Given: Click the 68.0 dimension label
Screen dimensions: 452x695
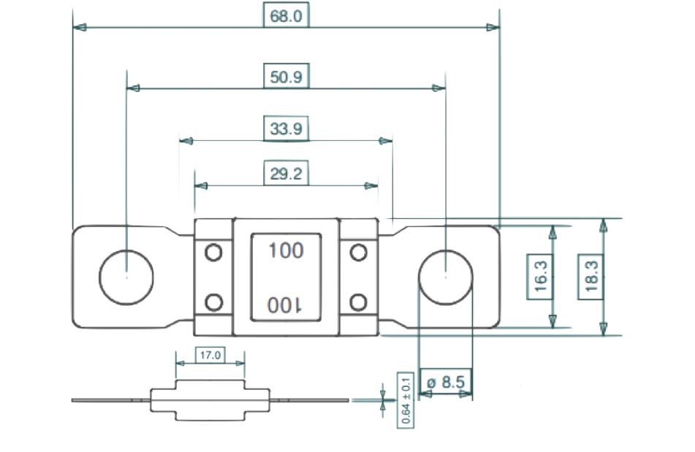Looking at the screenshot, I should pyautogui.click(x=286, y=16).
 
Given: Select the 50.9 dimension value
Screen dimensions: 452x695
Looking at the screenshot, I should pyautogui.click(x=286, y=76).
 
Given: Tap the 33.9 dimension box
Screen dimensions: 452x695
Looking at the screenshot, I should pyautogui.click(x=286, y=129).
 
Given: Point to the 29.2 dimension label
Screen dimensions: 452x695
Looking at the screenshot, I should pyautogui.click(x=286, y=174).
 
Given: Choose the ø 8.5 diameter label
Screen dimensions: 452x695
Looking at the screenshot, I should pyautogui.click(x=446, y=382).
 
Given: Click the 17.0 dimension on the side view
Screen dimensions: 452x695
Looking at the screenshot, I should pyautogui.click(x=210, y=356).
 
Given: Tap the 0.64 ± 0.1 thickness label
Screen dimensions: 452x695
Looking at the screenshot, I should pyautogui.click(x=404, y=399).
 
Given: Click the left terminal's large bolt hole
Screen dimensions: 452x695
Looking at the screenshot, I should pyautogui.click(x=126, y=277).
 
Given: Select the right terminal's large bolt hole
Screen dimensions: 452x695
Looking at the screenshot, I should pyautogui.click(x=445, y=277).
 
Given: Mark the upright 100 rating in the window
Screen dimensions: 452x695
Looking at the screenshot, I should pyautogui.click(x=286, y=250).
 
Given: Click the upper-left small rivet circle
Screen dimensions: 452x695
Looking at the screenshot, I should pyautogui.click(x=213, y=253).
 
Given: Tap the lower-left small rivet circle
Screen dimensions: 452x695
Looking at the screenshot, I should pyautogui.click(x=213, y=302).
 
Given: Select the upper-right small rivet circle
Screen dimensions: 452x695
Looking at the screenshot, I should pyautogui.click(x=358, y=253).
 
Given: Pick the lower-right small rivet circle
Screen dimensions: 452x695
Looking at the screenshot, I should pyautogui.click(x=358, y=302).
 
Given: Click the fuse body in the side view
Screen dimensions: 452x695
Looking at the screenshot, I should pyautogui.click(x=210, y=400).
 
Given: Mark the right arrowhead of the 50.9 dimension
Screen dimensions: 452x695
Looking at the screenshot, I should pyautogui.click(x=438, y=88).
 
